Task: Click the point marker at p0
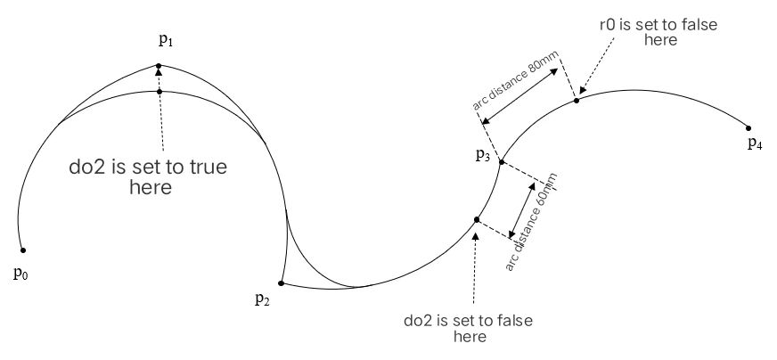[x=23, y=250]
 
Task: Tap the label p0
[x=20, y=274]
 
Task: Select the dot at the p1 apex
[x=159, y=65]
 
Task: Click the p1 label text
[x=166, y=41]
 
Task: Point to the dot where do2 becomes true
[x=159, y=92]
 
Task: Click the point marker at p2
[x=281, y=283]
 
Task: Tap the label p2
[x=262, y=299]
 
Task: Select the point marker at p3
[x=502, y=161]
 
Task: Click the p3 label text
[x=483, y=156]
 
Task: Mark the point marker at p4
[x=748, y=128]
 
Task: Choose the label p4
[x=755, y=144]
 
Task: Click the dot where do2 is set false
[x=477, y=220]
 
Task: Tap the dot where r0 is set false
[x=577, y=101]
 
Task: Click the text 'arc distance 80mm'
[x=515, y=80]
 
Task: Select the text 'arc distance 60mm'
[x=531, y=222]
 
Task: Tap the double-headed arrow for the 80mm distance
[x=520, y=95]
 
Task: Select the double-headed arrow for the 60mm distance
[x=522, y=210]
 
